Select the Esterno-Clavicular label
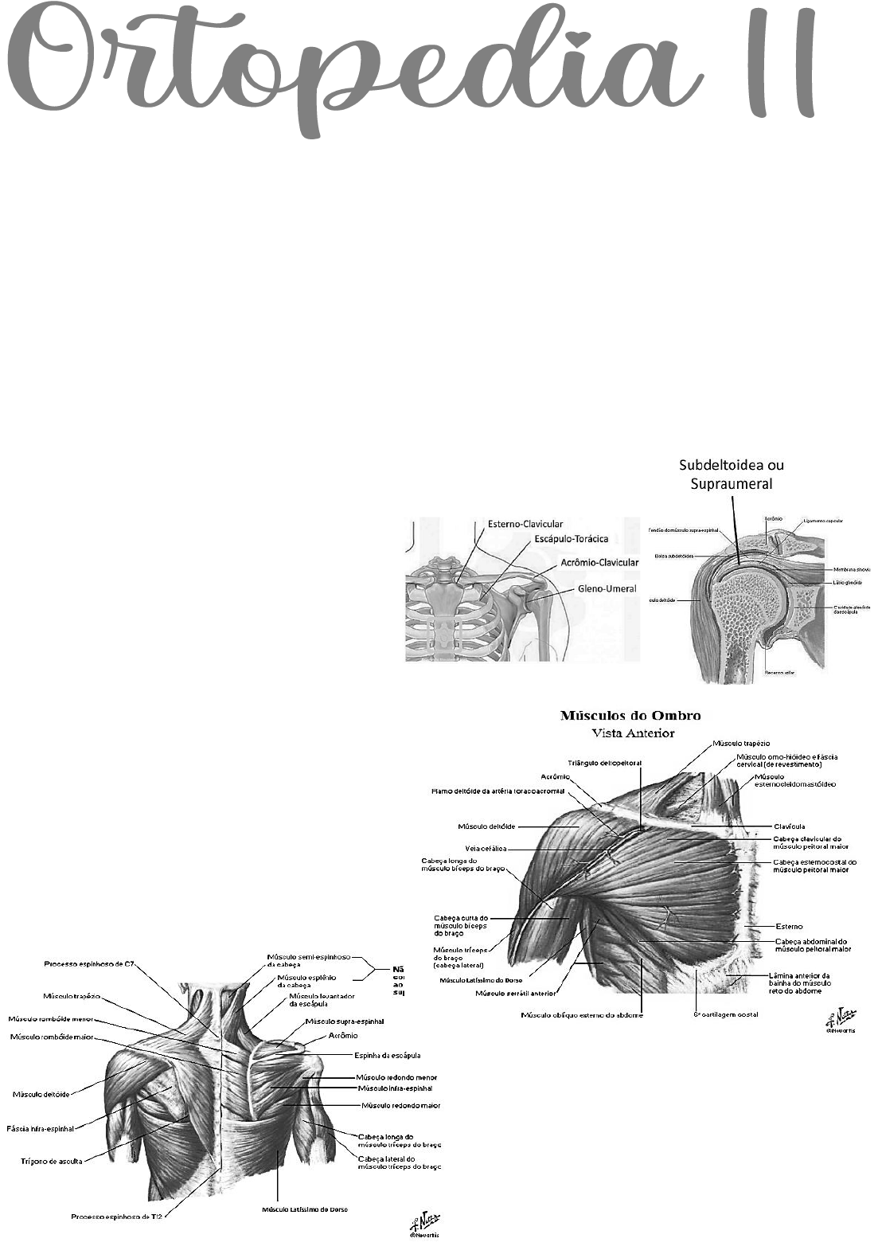525,524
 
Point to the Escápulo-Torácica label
571,539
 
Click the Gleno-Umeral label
607,589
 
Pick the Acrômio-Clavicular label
599,562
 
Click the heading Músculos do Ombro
630,715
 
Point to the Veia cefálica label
486,849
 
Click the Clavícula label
789,826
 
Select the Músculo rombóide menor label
50,1018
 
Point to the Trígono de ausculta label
51,1161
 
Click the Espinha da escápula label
387,1056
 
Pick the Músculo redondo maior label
400,1105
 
